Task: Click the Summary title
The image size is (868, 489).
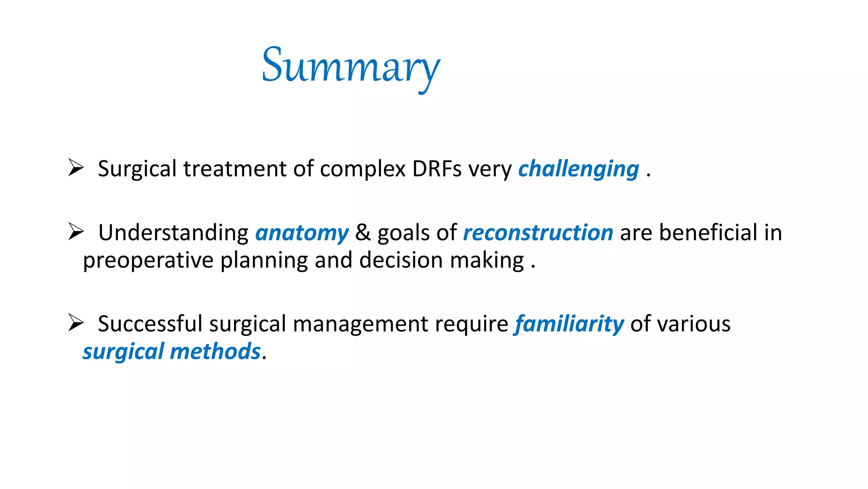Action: point(351,67)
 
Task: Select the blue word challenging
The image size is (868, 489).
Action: point(579,169)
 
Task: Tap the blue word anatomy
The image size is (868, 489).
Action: point(302,233)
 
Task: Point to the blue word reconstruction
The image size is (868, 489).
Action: point(538,233)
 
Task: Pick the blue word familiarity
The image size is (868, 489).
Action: point(569,324)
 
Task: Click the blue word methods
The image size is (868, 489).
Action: point(215,351)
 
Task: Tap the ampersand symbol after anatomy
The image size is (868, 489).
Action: point(363,233)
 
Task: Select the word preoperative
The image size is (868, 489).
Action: point(148,261)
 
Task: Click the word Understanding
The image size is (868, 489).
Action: point(173,233)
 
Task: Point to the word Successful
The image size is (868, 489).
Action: point(150,324)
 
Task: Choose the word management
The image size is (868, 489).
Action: point(360,325)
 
